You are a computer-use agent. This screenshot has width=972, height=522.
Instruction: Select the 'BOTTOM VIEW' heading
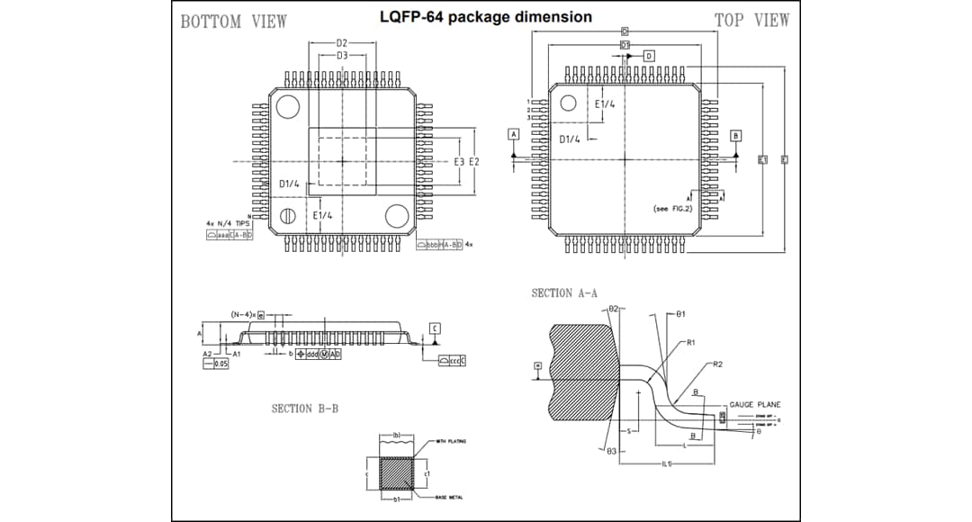(x=234, y=22)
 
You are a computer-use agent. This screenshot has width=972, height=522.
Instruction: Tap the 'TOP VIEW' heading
(x=751, y=20)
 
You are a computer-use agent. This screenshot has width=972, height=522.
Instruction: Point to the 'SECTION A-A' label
(x=564, y=292)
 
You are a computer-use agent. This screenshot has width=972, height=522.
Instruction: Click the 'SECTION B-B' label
(x=305, y=409)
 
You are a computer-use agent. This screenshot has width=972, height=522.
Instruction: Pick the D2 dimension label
(x=342, y=43)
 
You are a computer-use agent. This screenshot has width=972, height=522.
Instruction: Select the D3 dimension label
(x=342, y=56)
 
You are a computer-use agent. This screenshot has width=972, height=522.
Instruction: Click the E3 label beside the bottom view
(x=459, y=161)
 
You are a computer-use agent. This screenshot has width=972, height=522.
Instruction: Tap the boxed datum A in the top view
(x=514, y=134)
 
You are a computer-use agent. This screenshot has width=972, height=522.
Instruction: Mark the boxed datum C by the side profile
(x=434, y=328)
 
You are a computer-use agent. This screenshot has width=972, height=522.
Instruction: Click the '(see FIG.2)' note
(x=674, y=209)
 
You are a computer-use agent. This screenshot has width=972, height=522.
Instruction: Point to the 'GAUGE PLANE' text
(x=754, y=405)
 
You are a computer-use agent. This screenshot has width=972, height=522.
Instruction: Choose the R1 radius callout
(x=690, y=343)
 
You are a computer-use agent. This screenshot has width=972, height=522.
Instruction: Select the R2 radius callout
(x=717, y=364)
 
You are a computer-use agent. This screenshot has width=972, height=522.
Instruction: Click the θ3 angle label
(x=612, y=450)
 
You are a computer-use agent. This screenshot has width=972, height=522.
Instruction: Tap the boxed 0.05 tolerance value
(x=220, y=364)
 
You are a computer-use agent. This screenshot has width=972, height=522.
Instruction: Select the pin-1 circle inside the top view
(x=568, y=103)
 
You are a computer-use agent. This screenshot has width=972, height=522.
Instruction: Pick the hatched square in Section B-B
(x=396, y=472)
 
